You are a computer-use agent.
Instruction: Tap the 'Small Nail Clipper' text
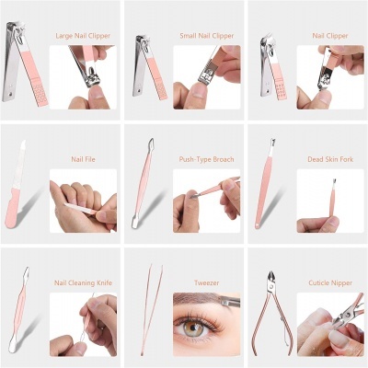(205, 36)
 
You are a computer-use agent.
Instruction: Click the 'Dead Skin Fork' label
(328, 159)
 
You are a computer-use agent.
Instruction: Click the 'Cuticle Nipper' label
(328, 283)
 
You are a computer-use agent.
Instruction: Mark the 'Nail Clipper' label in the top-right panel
(330, 36)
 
